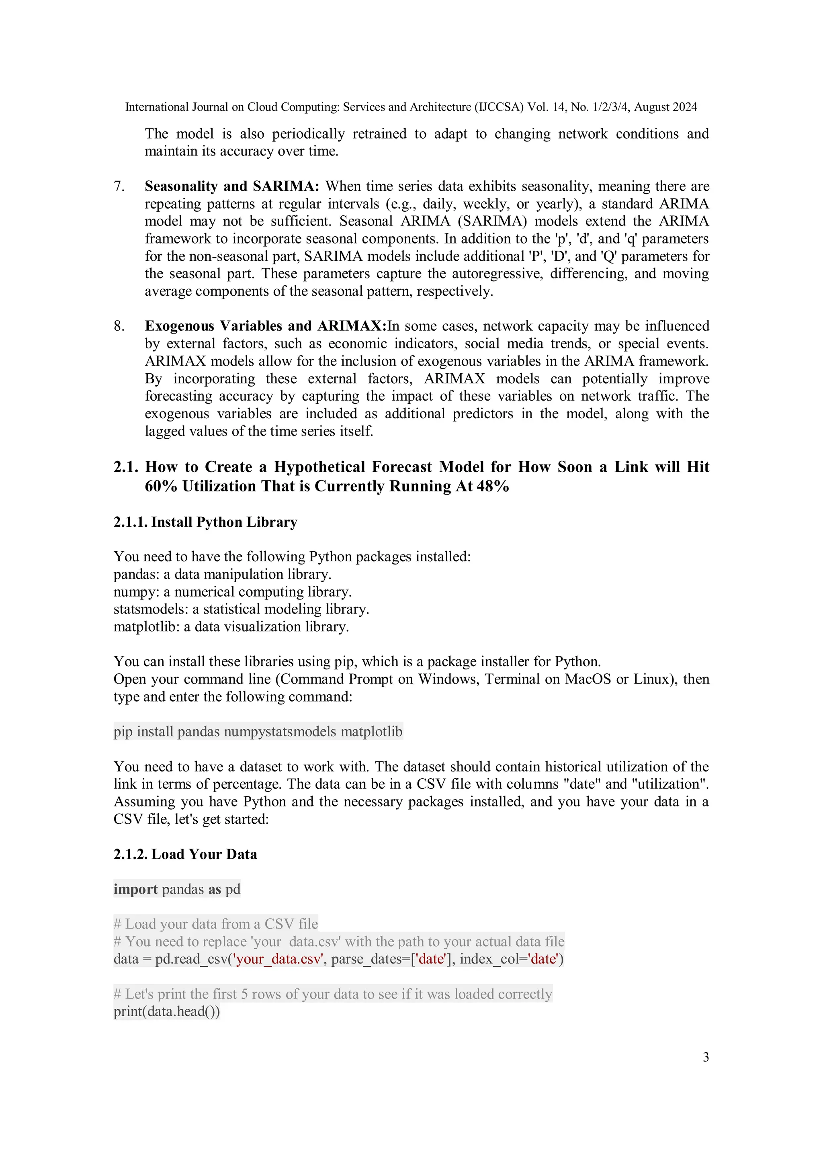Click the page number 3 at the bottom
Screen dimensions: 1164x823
point(705,1057)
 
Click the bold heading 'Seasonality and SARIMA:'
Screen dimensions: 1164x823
point(232,186)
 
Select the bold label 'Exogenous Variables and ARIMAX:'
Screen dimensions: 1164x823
point(265,326)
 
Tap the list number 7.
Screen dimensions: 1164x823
point(119,186)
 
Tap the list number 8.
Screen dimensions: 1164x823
point(119,326)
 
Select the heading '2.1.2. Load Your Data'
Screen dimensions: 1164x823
point(185,854)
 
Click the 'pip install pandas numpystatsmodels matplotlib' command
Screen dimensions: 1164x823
point(258,732)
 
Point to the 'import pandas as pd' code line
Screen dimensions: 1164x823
point(176,889)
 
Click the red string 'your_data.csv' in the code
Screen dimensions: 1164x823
point(278,959)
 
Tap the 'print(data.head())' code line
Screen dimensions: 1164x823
point(166,1011)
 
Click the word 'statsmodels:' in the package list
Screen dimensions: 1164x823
point(151,609)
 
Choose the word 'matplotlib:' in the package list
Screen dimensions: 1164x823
point(147,627)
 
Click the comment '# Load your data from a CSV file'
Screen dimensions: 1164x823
point(215,924)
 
